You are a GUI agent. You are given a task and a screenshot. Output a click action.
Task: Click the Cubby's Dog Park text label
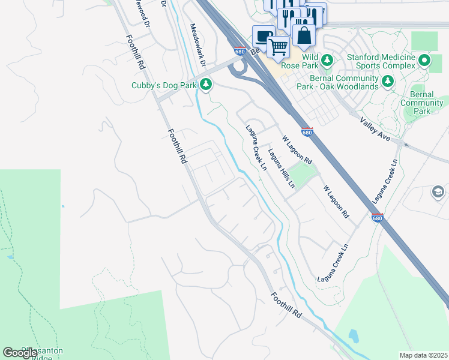point(164,86)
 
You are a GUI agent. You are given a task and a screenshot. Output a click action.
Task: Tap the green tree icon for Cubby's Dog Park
point(206,84)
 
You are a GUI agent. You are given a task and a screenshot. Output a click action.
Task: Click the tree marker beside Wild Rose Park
point(327,59)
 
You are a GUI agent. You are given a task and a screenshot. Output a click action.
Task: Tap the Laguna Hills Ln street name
point(282,169)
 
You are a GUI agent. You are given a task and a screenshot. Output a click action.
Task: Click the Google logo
point(20,353)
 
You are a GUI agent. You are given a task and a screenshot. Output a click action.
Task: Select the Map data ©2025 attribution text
point(423,355)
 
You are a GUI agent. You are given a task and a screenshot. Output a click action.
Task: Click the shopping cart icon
point(278,46)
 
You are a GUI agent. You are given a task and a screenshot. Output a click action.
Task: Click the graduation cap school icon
point(439,191)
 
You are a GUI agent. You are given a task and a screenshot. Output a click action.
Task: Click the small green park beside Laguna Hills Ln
point(303,175)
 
